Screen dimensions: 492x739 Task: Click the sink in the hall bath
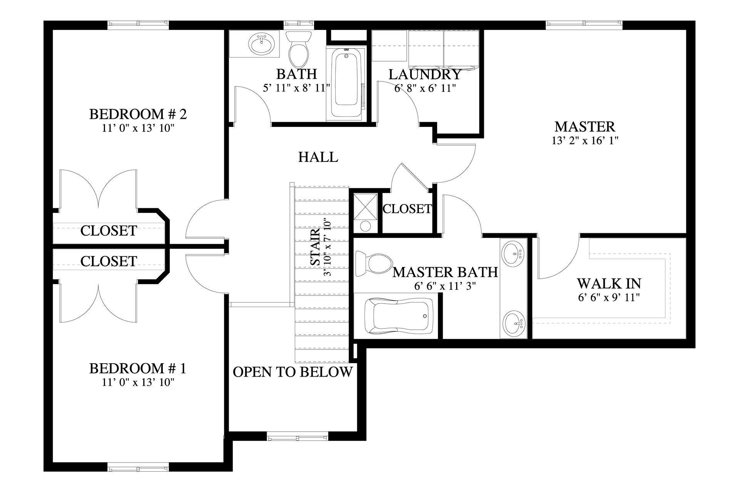click(x=262, y=44)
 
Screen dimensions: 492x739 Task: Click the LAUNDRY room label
click(x=425, y=74)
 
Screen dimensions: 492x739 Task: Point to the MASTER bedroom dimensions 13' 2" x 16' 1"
click(x=585, y=141)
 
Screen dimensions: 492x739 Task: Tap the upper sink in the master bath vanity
click(x=514, y=253)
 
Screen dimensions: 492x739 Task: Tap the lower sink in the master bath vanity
click(x=514, y=323)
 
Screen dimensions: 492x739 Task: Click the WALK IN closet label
click(x=609, y=284)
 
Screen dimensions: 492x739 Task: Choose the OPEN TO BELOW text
click(x=293, y=372)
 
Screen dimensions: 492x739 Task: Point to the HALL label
click(x=318, y=157)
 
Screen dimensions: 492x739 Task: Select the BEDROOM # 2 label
click(x=138, y=114)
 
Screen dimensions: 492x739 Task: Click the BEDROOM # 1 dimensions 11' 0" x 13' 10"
click(x=138, y=382)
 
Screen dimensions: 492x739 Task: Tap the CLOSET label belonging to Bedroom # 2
click(x=109, y=231)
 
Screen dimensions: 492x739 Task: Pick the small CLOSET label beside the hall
click(x=407, y=209)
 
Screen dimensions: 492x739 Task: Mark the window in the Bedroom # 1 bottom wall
click(x=138, y=469)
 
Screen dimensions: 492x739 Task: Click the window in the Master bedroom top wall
click(x=584, y=24)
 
